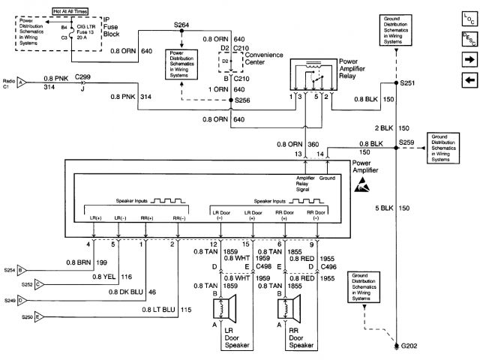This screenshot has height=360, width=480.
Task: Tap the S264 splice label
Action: point(181,25)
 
